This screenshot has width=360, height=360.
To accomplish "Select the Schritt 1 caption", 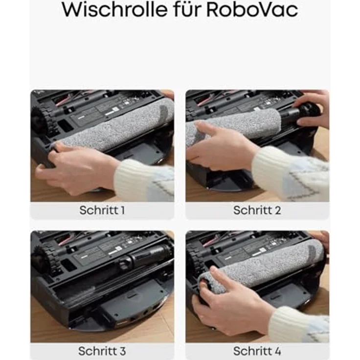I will click(x=102, y=210).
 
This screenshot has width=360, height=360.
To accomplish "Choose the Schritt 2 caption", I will click(x=257, y=210).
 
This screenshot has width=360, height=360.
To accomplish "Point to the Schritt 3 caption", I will click(x=102, y=351).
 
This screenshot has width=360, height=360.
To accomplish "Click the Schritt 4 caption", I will click(x=257, y=351).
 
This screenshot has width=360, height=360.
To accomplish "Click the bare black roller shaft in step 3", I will click(x=147, y=254).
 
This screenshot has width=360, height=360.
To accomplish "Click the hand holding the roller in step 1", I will click(x=78, y=166).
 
